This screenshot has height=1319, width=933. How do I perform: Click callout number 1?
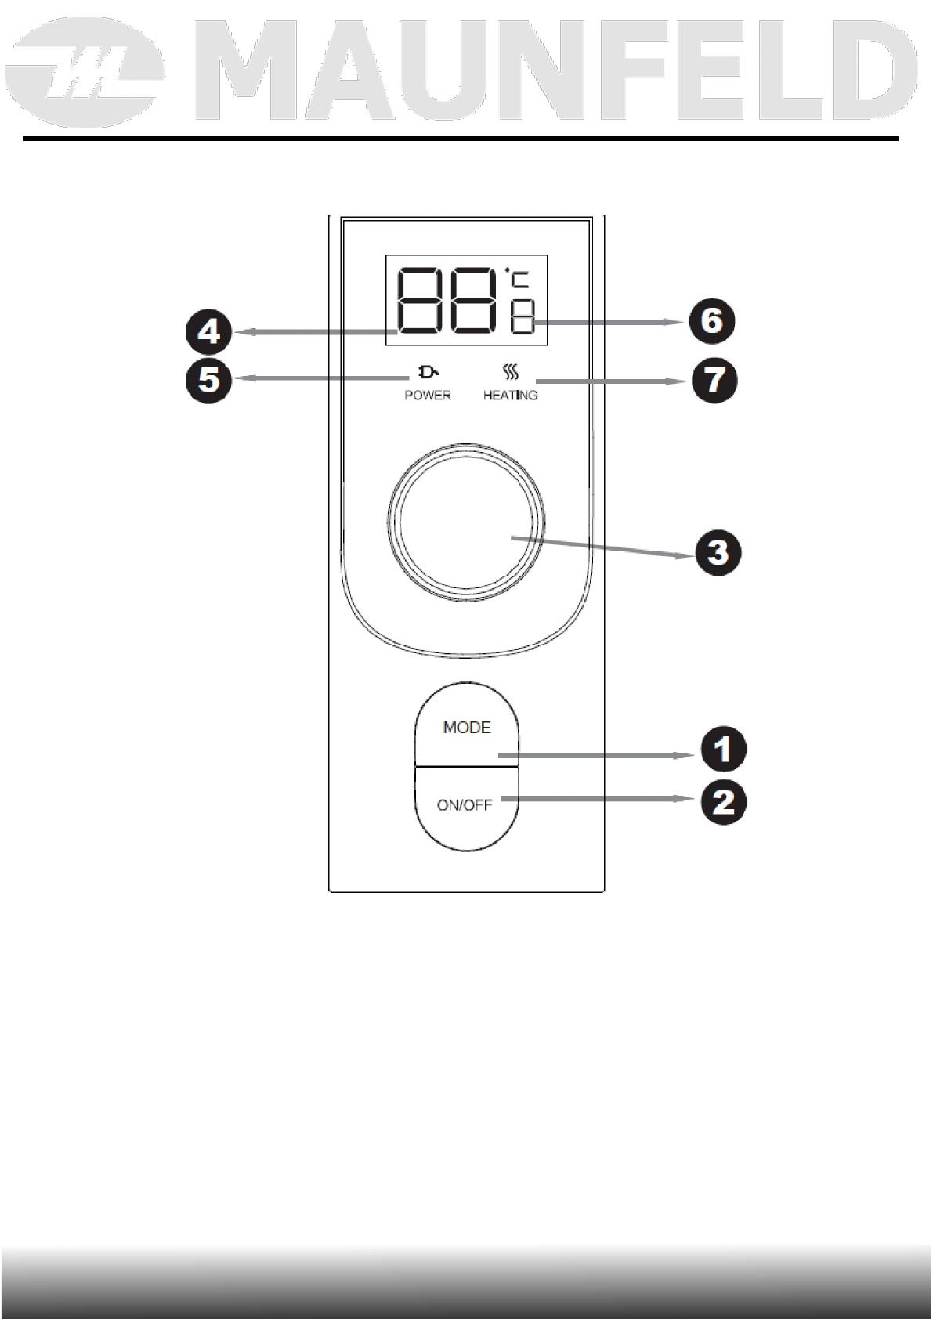tap(723, 750)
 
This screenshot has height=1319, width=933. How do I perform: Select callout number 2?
tap(723, 803)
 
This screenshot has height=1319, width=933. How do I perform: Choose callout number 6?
tap(711, 320)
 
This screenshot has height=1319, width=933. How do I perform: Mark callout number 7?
tap(713, 381)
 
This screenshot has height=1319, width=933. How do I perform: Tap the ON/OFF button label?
tap(465, 805)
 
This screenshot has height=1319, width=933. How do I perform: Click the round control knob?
tap(465, 522)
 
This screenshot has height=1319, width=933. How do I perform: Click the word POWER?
tap(428, 396)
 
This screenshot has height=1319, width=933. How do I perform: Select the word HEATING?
tap(510, 396)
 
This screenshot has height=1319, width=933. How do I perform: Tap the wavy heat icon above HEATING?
tap(510, 371)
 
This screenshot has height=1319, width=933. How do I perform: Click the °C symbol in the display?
tap(518, 280)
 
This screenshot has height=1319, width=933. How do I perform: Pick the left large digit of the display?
tap(422, 302)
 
